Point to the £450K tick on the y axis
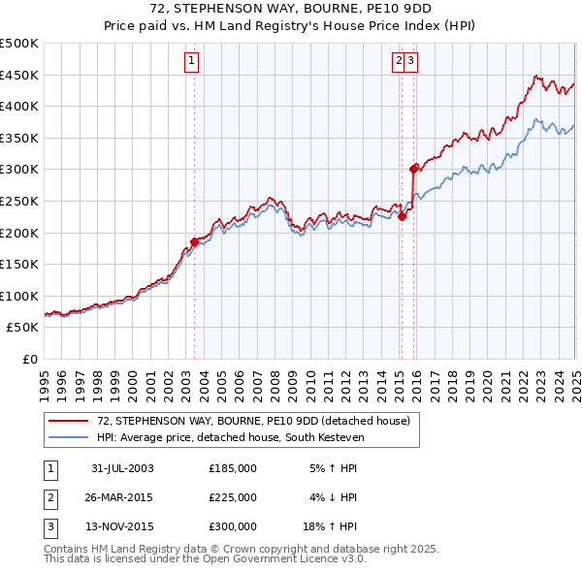coord(20,75)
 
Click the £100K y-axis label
coord(20,296)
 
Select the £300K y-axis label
coord(20,169)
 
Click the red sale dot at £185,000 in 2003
coord(195,241)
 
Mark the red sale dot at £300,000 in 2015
coord(414,169)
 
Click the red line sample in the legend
coord(69,421)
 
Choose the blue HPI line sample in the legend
coord(69,436)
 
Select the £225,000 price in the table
coord(233,497)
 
